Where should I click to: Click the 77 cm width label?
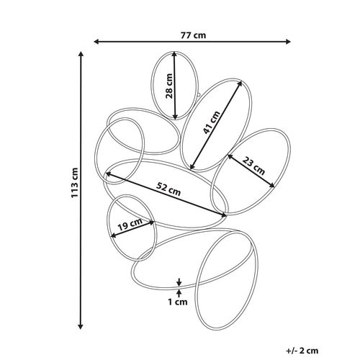193,35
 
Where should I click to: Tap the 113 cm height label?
75,183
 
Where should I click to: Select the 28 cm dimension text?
169,86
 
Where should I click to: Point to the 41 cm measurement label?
212,122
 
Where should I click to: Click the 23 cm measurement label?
253,166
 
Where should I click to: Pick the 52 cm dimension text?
168,189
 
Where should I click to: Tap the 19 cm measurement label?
130,225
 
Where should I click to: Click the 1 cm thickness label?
178,302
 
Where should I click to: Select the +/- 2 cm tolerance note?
302,351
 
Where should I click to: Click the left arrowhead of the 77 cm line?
96,42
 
